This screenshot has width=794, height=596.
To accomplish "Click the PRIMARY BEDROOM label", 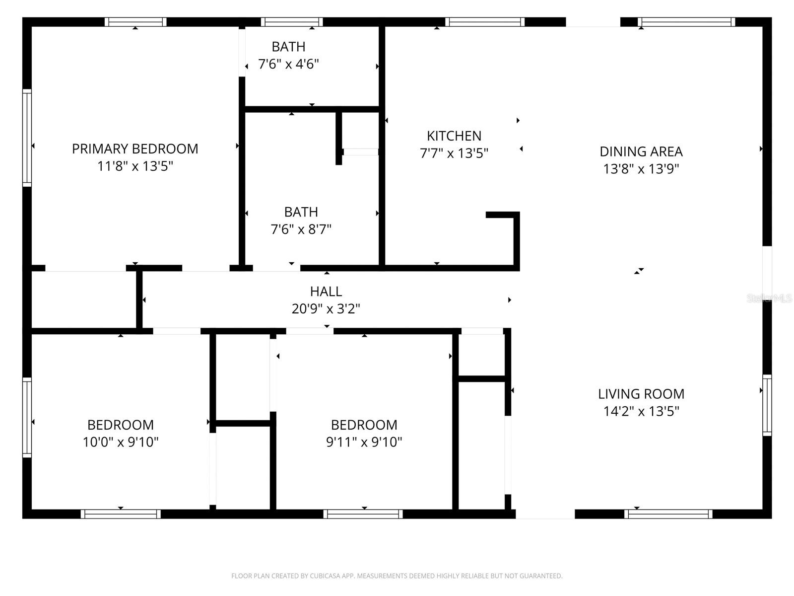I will (x=135, y=149).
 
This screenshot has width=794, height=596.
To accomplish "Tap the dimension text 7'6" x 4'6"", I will (x=288, y=64).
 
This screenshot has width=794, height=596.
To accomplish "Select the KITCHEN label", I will (x=454, y=136).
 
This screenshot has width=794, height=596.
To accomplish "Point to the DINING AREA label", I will (x=641, y=151).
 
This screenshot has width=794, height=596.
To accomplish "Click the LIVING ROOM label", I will (x=641, y=394).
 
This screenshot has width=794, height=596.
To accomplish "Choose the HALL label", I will (x=326, y=291).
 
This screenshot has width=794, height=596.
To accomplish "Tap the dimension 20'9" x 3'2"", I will (x=326, y=309).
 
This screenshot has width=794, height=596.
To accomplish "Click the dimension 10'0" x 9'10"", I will (x=121, y=442).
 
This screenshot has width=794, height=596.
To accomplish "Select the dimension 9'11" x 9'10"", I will (x=364, y=442).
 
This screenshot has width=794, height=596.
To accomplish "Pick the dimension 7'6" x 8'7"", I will (x=301, y=229).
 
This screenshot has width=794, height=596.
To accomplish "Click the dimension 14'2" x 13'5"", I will (x=641, y=411).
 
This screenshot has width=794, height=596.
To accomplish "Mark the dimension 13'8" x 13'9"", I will (x=641, y=169).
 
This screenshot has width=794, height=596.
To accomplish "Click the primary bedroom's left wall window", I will (x=27, y=138).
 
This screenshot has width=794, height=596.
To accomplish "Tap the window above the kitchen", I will (x=485, y=22).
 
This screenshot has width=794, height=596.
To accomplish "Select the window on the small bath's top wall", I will (x=292, y=22).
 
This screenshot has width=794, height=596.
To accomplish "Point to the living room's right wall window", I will (x=767, y=405).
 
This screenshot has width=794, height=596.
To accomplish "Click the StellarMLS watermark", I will (x=769, y=298).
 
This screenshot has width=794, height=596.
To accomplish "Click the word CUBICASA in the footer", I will (x=325, y=576).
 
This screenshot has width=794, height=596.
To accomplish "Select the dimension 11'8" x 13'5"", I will (x=135, y=166).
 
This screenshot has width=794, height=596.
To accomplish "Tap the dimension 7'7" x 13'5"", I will (x=454, y=153).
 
